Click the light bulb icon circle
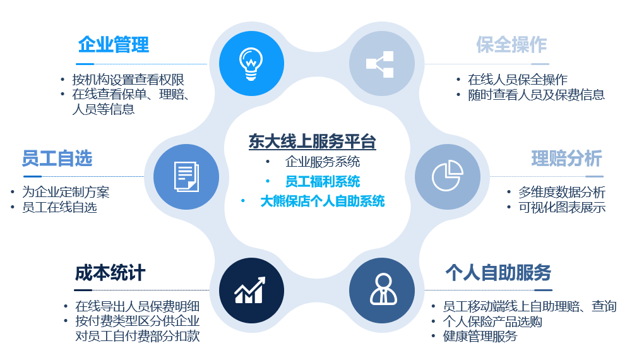pos(251,63)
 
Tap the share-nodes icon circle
pos(382,64)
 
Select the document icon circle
pos(186,177)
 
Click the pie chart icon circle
pos(448,177)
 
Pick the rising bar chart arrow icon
pos(250,291)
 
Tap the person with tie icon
pos(383,289)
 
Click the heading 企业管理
pos(114,44)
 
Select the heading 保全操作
pos(511,44)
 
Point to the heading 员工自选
pos(57,158)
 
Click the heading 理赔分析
pos(567,158)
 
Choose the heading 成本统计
pos(110,273)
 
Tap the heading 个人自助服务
pos(498,273)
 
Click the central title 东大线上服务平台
pos(313,141)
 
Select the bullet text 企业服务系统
pos(323,162)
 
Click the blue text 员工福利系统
pos(323,181)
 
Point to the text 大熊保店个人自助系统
pos(323,201)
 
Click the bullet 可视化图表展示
pos(562,207)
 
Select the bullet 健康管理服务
pos(480,336)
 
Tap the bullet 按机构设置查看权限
pos(128,80)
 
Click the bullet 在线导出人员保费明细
pos(138,306)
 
